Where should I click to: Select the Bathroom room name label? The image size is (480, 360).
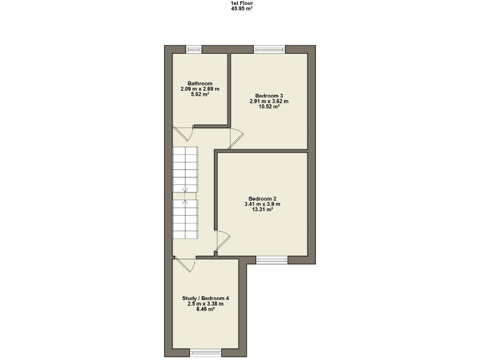coord(200,84)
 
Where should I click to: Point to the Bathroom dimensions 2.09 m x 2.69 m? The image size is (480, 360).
coord(200,89)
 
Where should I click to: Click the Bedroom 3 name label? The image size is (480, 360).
coord(269,96)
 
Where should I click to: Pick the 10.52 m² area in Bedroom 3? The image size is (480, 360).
coord(269,107)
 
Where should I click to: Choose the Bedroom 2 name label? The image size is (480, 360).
coord(262,199)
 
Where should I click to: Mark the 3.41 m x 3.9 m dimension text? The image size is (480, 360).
coord(262,204)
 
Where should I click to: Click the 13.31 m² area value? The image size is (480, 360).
coord(262,210)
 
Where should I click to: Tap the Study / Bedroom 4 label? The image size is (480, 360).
coord(206,298)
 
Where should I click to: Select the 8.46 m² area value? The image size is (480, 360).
coord(206,309)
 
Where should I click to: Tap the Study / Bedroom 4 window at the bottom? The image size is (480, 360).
coord(206,353)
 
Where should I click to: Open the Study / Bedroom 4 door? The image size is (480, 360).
coord(186,265)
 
